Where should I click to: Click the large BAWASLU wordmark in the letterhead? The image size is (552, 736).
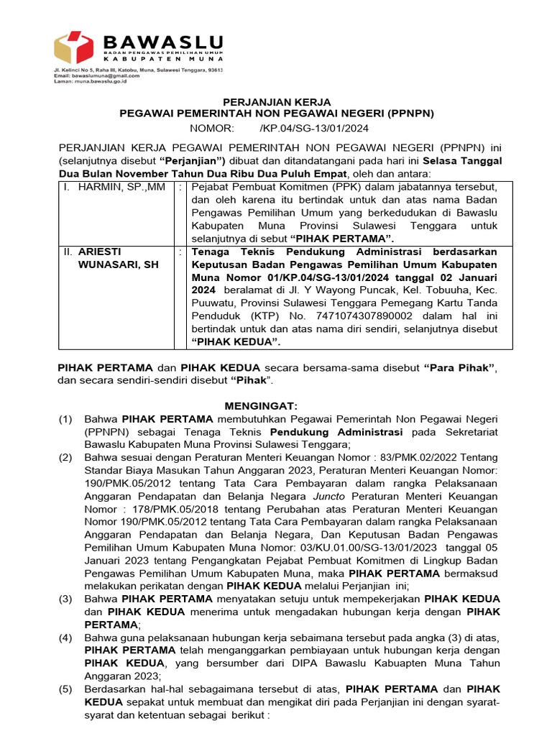[x=163, y=42]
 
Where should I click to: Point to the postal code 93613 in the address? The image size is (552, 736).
[x=215, y=70]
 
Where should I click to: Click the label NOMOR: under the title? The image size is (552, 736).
[x=212, y=128]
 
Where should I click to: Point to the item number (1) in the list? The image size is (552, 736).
[x=65, y=418]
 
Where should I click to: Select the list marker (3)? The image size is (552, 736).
[x=65, y=599]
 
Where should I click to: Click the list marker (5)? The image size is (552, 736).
[x=65, y=689]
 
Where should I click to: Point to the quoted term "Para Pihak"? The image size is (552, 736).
[x=459, y=367]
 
